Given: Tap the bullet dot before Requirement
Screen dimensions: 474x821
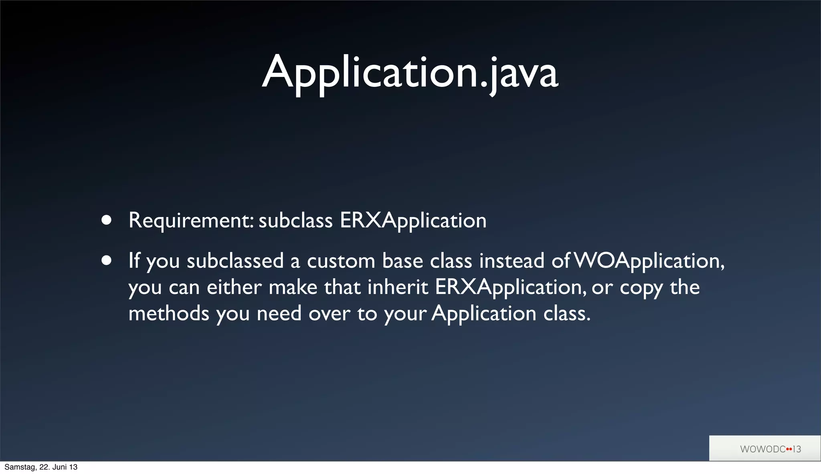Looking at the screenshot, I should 106,220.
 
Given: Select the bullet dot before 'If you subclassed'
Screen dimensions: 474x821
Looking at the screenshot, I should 106,261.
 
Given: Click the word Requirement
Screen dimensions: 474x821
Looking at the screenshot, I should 191,221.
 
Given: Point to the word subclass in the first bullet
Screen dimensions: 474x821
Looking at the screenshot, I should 295,221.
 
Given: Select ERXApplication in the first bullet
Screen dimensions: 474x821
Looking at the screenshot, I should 413,221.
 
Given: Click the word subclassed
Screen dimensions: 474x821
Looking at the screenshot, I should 235,261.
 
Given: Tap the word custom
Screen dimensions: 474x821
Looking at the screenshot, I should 341,261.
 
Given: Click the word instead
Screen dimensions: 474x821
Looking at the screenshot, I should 512,261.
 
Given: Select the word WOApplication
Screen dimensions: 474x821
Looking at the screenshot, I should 649,261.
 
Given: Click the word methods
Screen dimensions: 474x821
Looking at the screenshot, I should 169,313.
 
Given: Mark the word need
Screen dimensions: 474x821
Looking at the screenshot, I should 279,313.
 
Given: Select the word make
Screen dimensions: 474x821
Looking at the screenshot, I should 293,287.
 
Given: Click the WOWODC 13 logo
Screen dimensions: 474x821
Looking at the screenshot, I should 770,449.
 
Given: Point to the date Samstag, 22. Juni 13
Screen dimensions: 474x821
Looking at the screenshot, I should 41,467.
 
